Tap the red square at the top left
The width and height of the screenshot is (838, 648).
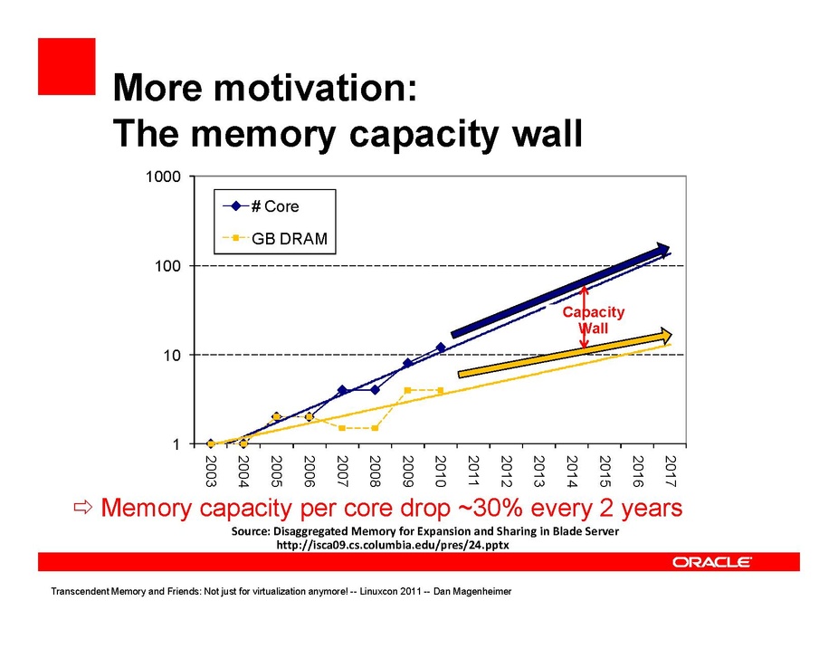66,66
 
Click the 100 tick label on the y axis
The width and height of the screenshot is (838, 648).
170,266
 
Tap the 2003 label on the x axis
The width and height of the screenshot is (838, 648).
211,471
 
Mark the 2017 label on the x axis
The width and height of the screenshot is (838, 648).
670,471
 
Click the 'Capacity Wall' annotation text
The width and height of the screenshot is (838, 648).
594,319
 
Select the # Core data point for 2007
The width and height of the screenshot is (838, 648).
342,390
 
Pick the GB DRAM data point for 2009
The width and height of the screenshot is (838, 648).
408,390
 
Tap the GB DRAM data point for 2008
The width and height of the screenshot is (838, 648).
375,427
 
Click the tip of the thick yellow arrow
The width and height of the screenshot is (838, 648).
671,334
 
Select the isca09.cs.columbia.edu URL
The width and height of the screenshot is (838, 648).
392,547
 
